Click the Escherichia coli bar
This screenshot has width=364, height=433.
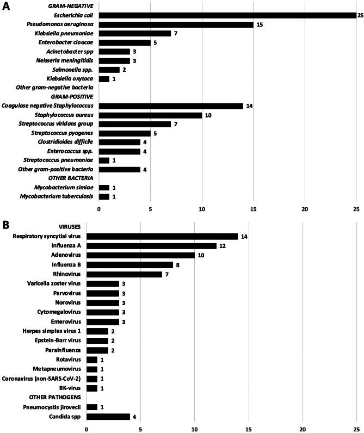(x=227, y=15)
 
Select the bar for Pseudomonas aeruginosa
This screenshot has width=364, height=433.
(x=176, y=24)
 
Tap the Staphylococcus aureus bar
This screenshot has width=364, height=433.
(x=150, y=115)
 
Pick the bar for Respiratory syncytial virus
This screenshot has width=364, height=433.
(x=162, y=236)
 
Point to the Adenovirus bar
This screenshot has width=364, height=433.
(x=140, y=255)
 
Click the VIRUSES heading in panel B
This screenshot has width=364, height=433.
(x=68, y=227)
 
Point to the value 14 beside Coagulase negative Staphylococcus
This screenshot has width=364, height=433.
(x=249, y=106)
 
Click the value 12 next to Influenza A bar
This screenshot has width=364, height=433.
(x=222, y=246)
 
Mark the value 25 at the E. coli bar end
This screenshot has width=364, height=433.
(x=360, y=15)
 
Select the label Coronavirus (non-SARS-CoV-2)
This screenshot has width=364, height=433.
(x=42, y=378)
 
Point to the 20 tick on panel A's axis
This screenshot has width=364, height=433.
(x=305, y=209)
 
